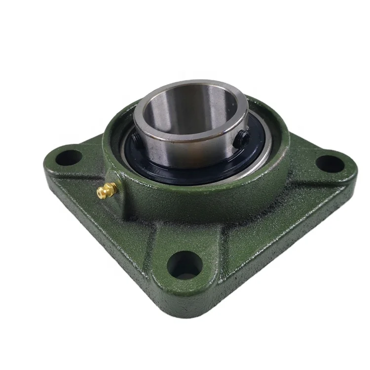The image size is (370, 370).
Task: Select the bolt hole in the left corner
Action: click(68, 157)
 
